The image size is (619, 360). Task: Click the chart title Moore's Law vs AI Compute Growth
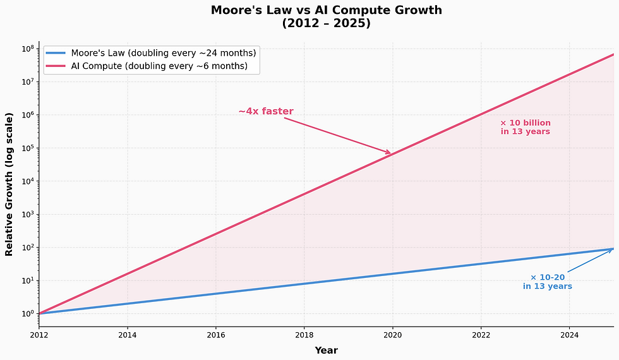[326, 10]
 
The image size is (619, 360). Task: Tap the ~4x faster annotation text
[265, 112]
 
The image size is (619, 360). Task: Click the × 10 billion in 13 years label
[525, 127]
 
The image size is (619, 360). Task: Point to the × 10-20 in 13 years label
[547, 282]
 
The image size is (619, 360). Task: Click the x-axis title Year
[326, 350]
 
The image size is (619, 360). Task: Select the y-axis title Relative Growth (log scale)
[9, 184]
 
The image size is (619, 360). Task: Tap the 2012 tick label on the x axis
[39, 335]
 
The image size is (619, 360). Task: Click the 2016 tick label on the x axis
[216, 335]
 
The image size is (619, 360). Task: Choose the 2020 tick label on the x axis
[393, 335]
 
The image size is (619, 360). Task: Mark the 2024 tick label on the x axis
[570, 335]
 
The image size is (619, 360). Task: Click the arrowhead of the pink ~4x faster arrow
[389, 153]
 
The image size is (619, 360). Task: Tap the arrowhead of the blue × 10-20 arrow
[611, 250]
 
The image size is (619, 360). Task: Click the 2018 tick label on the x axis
[304, 335]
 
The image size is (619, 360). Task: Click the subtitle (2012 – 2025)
[326, 24]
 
